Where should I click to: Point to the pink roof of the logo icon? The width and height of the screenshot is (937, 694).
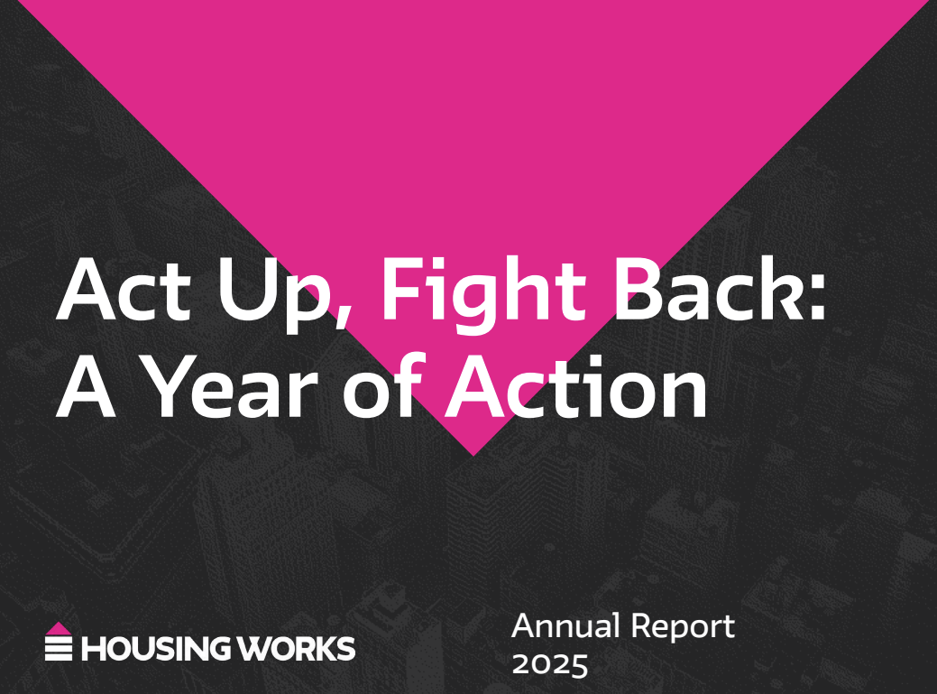59,628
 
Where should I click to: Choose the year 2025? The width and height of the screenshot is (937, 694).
550,664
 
